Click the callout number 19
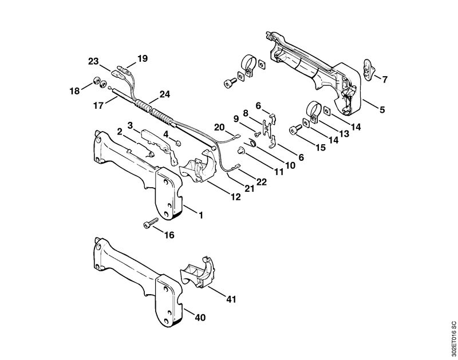click(143, 58)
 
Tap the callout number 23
click(93, 62)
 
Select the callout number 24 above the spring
click(164, 94)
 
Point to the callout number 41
click(231, 299)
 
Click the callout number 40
click(200, 318)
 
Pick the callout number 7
click(384, 79)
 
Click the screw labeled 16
click(151, 223)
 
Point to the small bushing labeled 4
click(179, 143)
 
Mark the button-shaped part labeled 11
click(240, 151)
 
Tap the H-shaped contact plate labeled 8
click(266, 129)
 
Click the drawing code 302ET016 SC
click(453, 339)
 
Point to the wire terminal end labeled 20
click(238, 136)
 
